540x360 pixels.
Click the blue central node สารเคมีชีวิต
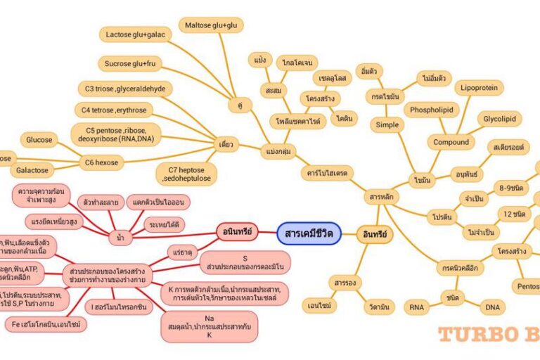pos(309,233)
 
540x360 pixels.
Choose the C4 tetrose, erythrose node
pos(114,110)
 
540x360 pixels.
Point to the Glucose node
pos(39,140)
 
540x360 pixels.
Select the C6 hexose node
pos(102,163)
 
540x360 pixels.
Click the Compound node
pos(451,143)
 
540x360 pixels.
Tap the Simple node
pos(387,124)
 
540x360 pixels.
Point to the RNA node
pos(416,307)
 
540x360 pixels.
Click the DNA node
pos(491,307)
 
